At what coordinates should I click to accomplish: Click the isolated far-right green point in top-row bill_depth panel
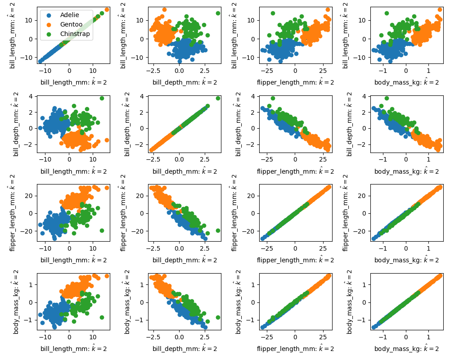218,13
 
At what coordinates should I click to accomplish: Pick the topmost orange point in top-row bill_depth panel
164,9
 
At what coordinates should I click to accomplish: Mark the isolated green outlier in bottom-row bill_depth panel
218,317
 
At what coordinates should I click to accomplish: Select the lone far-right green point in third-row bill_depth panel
218,230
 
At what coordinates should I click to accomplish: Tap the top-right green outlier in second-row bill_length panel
102,98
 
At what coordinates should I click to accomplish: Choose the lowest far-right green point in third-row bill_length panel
102,230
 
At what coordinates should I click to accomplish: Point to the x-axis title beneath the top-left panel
73,82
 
